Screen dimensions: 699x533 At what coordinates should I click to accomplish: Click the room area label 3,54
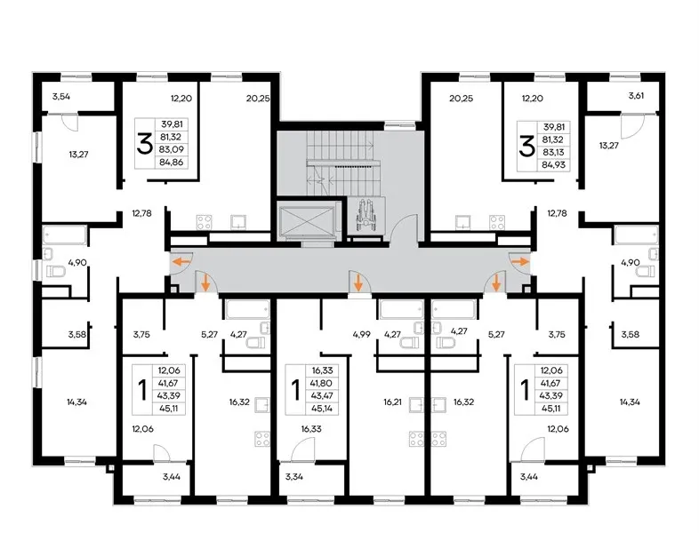[x=61, y=96]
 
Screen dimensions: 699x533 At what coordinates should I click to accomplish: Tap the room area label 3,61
[x=636, y=95]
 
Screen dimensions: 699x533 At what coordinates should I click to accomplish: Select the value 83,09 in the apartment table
[x=172, y=149]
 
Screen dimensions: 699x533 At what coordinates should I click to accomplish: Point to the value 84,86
[x=172, y=163]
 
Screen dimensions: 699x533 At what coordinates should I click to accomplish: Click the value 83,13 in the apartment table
[x=554, y=152]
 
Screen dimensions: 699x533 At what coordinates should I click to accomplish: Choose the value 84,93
[x=554, y=165]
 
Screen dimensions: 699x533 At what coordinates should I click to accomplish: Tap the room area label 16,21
[x=392, y=402]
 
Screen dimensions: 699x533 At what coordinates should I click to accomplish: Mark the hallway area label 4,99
[x=361, y=334]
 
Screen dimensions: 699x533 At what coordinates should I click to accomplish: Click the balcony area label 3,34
[x=294, y=477]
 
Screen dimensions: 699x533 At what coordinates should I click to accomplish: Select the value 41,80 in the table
[x=323, y=384]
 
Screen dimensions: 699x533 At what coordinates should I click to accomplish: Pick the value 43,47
[x=323, y=396]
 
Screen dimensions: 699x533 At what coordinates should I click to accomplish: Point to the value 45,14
[x=323, y=409]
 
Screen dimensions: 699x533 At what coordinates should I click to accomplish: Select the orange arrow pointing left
[x=181, y=261]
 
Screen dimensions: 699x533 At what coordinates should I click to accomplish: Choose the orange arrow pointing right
[x=519, y=261]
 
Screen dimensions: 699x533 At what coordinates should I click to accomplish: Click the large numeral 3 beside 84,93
[x=526, y=147]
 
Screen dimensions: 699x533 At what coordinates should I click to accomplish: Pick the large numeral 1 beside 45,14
[x=295, y=390]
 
